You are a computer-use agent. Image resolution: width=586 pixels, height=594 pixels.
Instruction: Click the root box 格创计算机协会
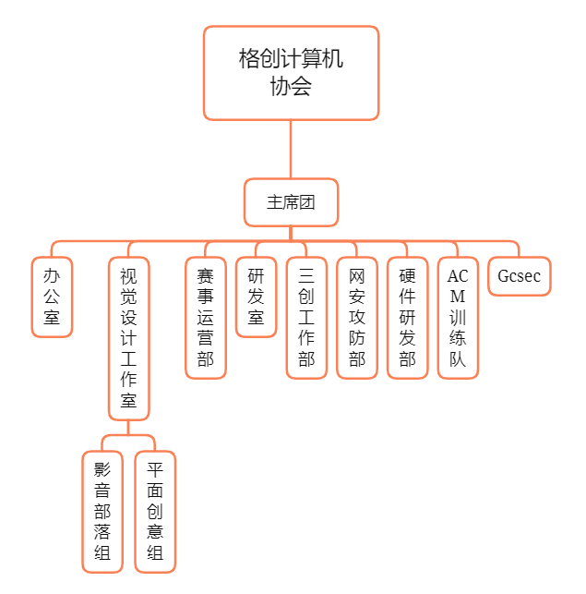pos(291,73)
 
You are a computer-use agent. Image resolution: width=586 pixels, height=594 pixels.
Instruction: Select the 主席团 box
pos(291,202)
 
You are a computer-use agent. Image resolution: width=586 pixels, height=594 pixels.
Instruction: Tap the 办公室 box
pos(52,297)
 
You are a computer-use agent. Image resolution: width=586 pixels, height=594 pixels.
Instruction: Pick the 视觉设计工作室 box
pos(128,338)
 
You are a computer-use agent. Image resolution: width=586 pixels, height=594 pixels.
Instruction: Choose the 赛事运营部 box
pos(206,317)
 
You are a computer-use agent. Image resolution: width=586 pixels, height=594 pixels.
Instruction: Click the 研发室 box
pos(256,297)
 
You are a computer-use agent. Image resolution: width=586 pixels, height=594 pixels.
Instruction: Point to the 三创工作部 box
pos(306,317)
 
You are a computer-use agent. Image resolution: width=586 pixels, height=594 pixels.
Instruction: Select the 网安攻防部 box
pos(357,317)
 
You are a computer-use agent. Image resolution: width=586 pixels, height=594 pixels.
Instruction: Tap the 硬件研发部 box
pos(407,317)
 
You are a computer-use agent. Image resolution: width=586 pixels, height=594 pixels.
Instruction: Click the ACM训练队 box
pos(458,317)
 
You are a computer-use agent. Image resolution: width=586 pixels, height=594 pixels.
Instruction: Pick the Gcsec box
pos(519,276)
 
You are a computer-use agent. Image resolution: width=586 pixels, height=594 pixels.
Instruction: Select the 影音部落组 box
pos(102,512)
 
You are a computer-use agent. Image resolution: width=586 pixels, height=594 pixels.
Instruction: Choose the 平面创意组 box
pos(155,512)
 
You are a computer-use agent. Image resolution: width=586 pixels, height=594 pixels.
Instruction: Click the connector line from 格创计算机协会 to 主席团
pos(291,150)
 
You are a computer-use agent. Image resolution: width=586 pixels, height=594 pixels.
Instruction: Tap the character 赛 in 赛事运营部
pos(206,275)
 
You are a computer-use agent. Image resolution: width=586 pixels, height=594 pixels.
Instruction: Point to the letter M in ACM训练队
pos(458,297)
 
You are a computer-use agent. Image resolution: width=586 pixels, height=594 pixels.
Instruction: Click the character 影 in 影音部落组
pos(102,469)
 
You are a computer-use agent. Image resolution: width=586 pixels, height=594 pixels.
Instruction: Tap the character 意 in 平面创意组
pos(155,533)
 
